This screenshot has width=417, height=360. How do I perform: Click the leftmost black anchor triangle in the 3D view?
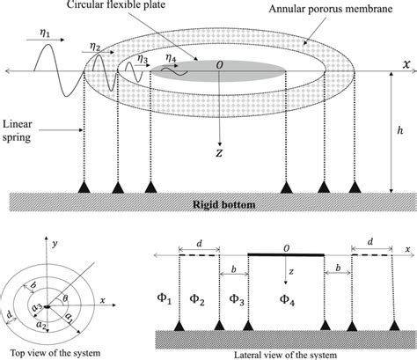pyautogui.click(x=84, y=187)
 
